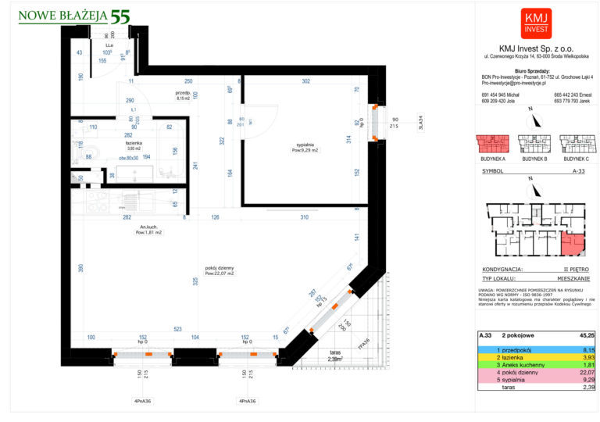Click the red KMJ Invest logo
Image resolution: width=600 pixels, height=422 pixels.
point(536,22)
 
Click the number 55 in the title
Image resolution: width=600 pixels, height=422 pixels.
point(120,16)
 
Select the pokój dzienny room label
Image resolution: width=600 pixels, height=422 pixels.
point(220,270)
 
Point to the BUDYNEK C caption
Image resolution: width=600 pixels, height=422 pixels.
point(575,158)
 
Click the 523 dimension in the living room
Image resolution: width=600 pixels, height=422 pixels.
point(178,329)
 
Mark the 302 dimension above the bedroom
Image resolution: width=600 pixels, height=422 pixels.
point(306,81)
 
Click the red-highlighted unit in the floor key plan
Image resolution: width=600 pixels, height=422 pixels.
point(575,245)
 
